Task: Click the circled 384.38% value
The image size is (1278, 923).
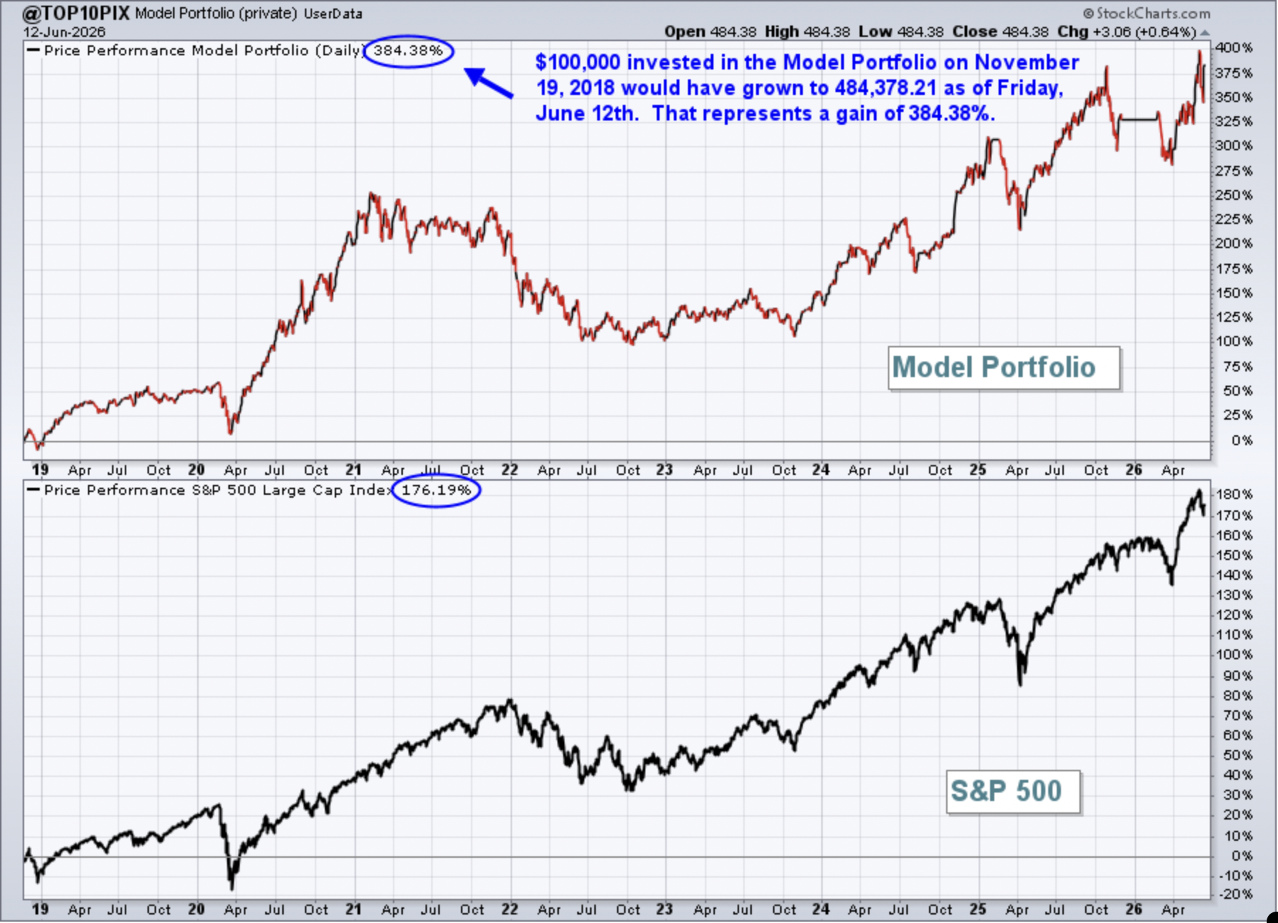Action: [408, 51]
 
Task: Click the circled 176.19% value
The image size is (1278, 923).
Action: [436, 490]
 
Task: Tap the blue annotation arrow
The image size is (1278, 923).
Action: [489, 83]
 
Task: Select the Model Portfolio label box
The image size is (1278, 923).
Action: [1004, 368]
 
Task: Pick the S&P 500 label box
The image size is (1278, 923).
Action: [1013, 791]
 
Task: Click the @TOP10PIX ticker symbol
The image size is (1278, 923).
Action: [76, 13]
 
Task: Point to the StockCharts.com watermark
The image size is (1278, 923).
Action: [1147, 13]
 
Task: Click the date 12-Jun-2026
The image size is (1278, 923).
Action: [64, 32]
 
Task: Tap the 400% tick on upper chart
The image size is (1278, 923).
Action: [1234, 48]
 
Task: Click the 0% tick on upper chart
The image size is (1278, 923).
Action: [1241, 440]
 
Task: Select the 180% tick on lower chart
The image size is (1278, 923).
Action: [1234, 494]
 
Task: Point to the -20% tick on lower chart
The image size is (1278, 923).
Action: [1235, 894]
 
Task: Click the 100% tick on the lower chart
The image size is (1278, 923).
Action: [1234, 654]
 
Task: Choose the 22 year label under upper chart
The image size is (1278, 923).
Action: [510, 470]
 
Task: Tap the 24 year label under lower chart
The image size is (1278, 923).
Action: [821, 909]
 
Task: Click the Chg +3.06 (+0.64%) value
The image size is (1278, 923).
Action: [1126, 32]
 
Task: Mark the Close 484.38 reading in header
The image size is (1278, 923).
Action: [1000, 32]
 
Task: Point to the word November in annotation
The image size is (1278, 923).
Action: [1027, 62]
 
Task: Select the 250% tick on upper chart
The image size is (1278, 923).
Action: [1234, 195]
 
